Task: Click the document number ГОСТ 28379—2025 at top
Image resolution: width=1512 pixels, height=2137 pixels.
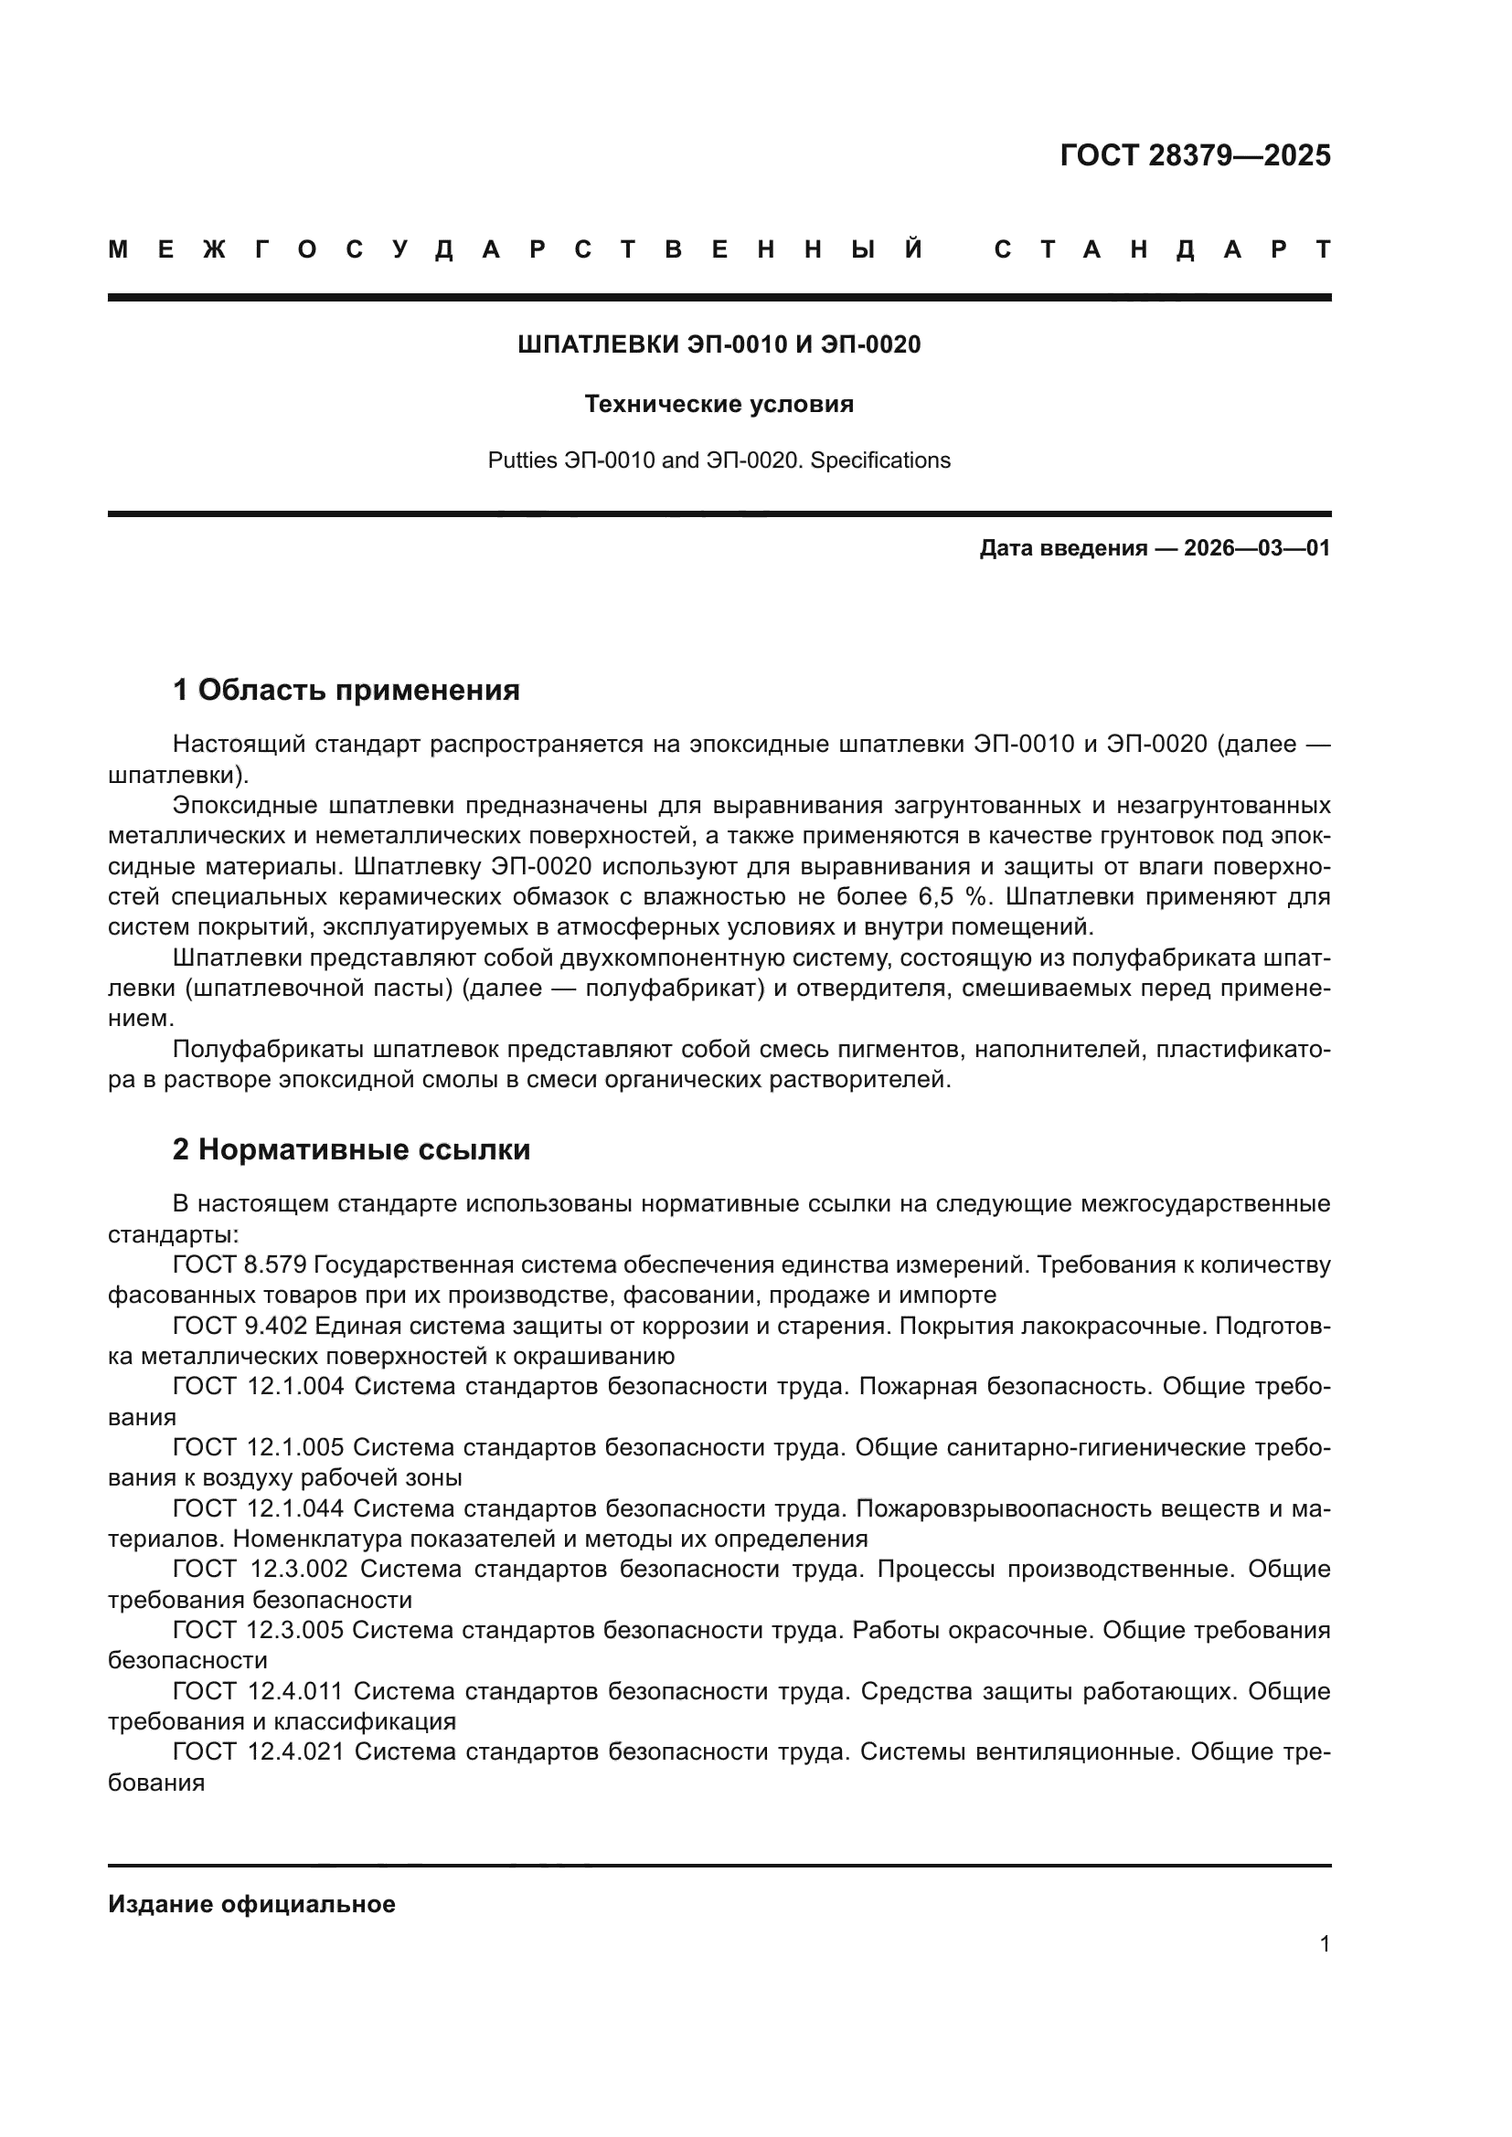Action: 1195,155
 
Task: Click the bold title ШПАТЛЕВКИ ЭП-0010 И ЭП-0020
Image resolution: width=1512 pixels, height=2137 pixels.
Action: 719,345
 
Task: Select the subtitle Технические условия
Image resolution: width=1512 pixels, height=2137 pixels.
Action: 719,405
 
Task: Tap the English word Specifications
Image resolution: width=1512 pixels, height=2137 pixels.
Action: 879,460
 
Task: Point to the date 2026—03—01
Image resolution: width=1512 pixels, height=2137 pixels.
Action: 1257,548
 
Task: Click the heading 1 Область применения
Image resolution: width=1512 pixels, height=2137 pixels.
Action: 346,691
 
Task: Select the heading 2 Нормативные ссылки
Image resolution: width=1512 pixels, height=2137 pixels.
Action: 351,1150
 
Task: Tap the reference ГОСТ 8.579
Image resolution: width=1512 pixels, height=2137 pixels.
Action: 239,1264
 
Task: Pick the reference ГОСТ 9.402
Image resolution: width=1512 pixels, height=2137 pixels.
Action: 239,1327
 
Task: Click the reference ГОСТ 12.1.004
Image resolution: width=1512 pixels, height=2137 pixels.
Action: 258,1387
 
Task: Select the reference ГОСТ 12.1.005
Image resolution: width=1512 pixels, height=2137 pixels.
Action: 258,1448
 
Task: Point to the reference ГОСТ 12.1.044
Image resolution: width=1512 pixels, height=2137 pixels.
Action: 258,1508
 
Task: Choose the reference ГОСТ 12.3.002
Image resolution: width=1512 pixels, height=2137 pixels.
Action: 260,1571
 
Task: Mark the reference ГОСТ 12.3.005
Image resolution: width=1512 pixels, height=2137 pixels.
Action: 258,1631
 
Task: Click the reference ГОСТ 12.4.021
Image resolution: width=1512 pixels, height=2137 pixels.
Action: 258,1752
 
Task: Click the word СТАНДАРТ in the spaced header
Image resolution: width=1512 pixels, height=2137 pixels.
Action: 1162,250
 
